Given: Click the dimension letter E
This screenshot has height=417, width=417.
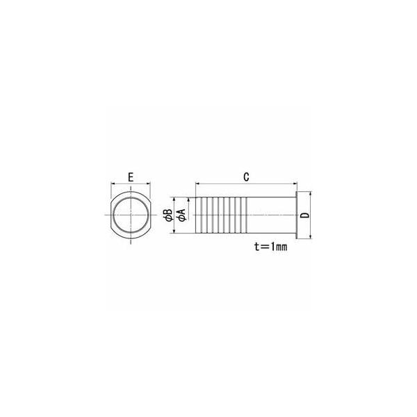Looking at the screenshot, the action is pos(131,177).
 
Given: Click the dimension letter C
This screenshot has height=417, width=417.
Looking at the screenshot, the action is pos(246,177).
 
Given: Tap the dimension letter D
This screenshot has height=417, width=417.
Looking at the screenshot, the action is pos(306,215).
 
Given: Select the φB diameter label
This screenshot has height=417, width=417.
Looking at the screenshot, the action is pos(169,215).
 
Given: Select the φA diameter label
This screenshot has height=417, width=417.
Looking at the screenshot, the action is pos(182,215).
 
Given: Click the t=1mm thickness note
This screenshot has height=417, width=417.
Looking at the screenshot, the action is pos(271,247).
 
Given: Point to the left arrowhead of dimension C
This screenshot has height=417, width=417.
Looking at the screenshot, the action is pos(197,183).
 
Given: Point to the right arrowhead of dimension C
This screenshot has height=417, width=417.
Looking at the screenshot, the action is pos(295,183).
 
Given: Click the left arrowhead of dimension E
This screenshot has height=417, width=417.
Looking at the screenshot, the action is pos(113,183).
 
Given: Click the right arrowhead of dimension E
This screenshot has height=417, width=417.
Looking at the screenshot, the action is pos(149,183).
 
